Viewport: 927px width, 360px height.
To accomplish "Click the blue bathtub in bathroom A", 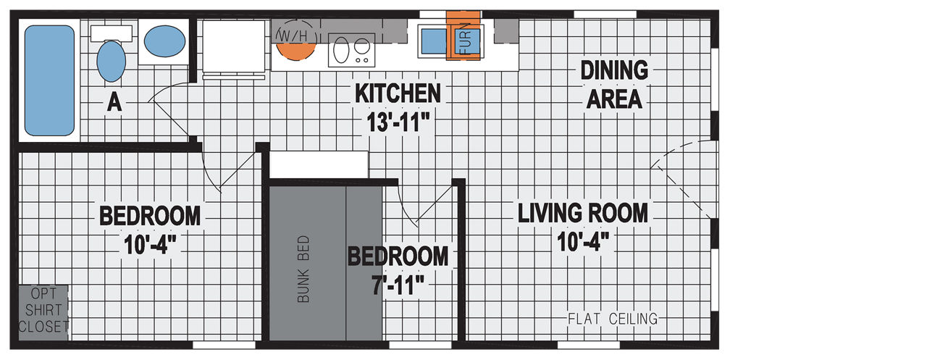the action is (x=50, y=80).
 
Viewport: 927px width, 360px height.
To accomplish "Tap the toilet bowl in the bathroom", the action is (x=112, y=61).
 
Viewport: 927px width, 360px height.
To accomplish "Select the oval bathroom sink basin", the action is (x=164, y=41).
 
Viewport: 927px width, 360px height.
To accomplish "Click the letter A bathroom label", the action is (x=114, y=102).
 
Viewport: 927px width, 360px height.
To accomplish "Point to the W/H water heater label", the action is (x=293, y=36).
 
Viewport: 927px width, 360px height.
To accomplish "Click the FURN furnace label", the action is (x=466, y=38).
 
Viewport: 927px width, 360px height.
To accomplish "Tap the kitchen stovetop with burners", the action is (x=352, y=50).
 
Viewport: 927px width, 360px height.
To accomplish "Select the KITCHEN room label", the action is (x=398, y=93).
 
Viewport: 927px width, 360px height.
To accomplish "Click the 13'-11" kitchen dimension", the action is (x=398, y=122).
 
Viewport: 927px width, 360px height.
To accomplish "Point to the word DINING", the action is (x=614, y=70).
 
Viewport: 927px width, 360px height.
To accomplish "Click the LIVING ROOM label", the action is (x=583, y=213).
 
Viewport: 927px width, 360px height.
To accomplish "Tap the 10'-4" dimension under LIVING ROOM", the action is (x=583, y=242).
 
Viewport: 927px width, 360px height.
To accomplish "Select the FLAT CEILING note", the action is (x=613, y=319).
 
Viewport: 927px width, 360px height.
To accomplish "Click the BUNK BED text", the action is (x=303, y=269).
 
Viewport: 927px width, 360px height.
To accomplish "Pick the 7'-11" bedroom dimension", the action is (x=398, y=285).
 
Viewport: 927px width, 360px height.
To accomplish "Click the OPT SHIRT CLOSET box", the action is (x=43, y=313).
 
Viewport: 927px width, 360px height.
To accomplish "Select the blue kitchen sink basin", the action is (x=434, y=41).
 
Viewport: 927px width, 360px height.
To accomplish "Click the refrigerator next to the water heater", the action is (x=233, y=47).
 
